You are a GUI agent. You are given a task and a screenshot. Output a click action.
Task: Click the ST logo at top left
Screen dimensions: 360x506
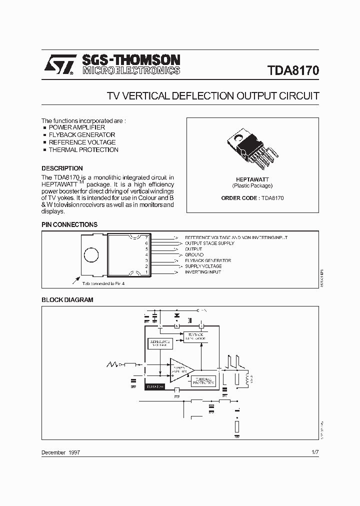point(59,65)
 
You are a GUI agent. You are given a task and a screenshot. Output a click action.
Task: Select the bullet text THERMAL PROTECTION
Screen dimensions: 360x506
point(83,149)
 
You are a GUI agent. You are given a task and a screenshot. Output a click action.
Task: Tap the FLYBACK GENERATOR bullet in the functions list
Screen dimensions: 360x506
point(81,134)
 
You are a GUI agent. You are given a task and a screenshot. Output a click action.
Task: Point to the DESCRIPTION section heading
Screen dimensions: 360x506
point(62,168)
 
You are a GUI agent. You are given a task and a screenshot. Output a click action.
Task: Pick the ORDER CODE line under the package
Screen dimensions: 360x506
point(252,198)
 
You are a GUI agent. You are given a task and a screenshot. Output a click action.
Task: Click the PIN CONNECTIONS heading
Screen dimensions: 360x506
point(69,224)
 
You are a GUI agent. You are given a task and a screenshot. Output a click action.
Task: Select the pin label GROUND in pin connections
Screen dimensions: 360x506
point(194,254)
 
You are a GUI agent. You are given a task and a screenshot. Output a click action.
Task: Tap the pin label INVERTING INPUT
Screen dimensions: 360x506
point(203,272)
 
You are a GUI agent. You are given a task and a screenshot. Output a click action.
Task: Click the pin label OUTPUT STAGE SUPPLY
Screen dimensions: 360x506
point(209,243)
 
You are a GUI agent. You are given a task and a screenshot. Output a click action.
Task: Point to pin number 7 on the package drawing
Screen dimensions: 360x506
point(146,237)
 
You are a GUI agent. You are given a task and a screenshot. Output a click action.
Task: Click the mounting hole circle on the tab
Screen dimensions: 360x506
point(91,255)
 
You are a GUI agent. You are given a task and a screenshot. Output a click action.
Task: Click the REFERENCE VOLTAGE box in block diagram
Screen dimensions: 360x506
point(160,343)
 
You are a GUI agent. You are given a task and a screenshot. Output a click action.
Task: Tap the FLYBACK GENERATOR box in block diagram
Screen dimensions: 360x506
point(194,336)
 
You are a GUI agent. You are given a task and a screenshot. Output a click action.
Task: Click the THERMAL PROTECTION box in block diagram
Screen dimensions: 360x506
point(203,380)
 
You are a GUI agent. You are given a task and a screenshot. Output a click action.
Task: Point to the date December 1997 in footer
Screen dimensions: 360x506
point(60,452)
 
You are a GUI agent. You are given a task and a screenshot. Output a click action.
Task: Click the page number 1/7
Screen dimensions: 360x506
point(314,452)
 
